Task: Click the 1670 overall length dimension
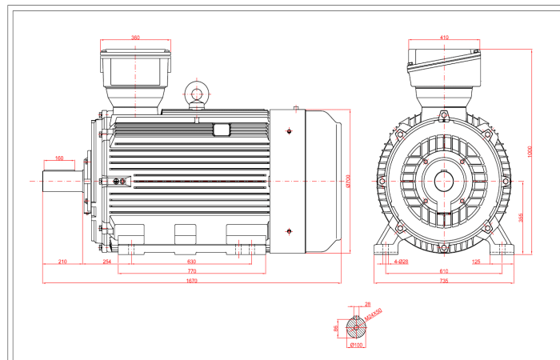click(191, 281)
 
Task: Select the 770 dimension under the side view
click(191, 271)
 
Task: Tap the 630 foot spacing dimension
click(191, 262)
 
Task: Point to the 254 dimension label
click(106, 262)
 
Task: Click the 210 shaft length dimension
click(62, 262)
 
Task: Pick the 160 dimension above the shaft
click(59, 158)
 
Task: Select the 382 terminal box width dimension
click(135, 38)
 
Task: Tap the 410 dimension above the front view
click(444, 38)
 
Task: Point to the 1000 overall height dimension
click(529, 150)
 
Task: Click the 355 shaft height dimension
click(522, 218)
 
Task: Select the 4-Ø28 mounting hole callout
click(401, 262)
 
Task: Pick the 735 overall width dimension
click(444, 281)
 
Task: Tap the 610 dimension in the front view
click(444, 271)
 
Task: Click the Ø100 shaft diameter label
click(356, 346)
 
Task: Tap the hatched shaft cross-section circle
click(356, 327)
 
